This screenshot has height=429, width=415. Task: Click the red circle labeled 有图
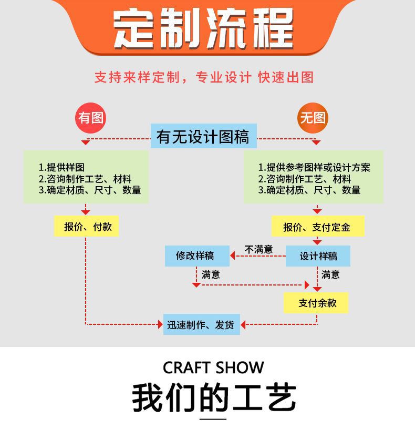coord(91,118)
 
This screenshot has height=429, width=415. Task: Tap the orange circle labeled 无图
coord(313,118)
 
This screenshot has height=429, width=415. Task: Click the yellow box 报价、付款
coord(87,227)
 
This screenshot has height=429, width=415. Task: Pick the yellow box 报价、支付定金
coord(317,227)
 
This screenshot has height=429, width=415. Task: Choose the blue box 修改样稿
coord(196,256)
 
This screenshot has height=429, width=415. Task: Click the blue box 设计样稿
coord(317,256)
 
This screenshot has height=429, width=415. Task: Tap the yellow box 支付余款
coord(317,303)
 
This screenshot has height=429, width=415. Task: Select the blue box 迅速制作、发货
coord(201,324)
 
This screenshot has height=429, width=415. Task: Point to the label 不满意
coord(258,249)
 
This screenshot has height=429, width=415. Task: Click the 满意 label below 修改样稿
coord(211,274)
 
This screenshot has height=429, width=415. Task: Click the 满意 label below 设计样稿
coord(330,274)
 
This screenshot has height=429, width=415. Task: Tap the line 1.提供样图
coord(61,167)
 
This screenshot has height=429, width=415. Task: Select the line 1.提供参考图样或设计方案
coord(314,167)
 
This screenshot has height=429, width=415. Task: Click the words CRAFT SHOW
coord(213,367)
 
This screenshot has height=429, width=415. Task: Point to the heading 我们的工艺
coord(213,397)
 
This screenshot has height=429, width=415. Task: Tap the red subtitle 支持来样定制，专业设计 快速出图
coord(204,77)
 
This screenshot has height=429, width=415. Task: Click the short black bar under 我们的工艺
coord(213,419)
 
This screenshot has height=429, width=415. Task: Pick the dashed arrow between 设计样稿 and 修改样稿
coord(257,256)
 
